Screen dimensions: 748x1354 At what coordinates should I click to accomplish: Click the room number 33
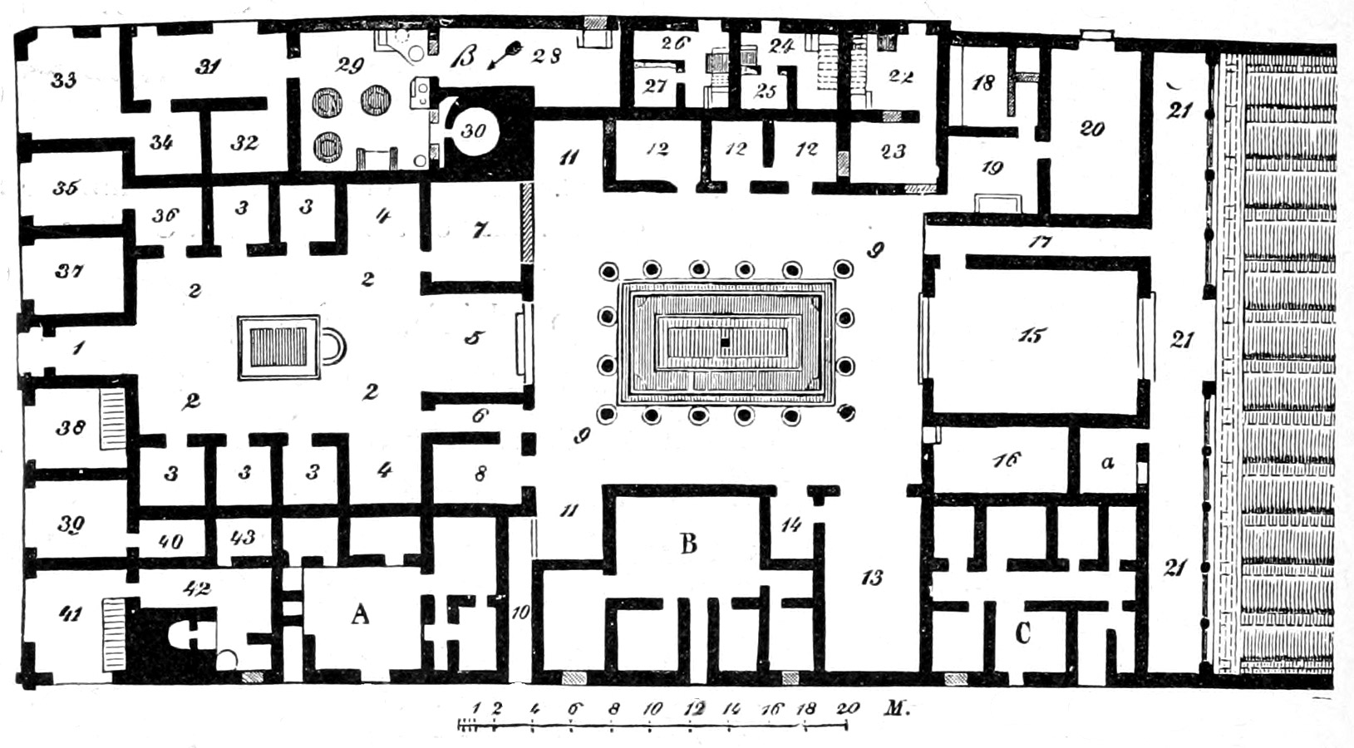63,80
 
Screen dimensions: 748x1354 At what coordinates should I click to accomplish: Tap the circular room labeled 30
473,130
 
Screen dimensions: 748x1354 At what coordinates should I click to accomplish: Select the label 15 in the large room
1032,336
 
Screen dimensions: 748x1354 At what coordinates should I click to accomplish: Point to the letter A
359,614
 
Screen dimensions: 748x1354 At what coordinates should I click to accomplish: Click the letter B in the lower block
688,544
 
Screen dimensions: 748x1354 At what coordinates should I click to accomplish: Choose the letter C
1022,633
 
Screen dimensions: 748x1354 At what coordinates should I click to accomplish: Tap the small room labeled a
1106,463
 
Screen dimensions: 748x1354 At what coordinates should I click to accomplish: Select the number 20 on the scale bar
847,709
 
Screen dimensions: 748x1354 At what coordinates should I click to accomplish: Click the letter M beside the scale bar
894,709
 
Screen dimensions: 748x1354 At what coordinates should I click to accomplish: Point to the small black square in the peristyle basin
726,342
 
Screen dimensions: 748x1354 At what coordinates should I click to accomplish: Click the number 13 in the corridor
871,578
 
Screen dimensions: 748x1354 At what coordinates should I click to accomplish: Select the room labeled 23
893,152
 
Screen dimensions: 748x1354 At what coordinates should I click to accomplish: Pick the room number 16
1006,460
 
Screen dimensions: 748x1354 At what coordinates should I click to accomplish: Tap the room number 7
479,230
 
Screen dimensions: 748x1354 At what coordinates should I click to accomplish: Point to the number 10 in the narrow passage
520,613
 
